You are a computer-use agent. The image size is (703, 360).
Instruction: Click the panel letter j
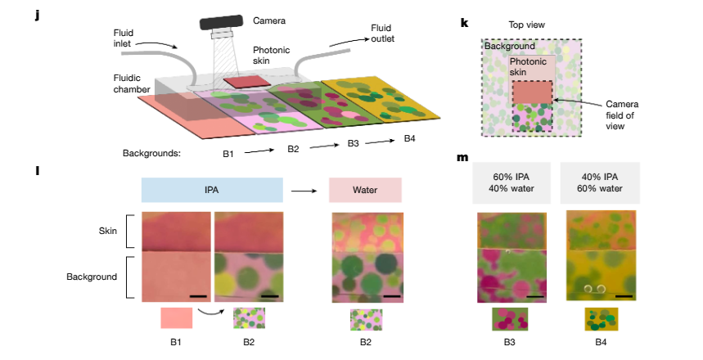38,16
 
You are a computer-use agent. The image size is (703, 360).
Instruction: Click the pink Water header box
365,191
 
